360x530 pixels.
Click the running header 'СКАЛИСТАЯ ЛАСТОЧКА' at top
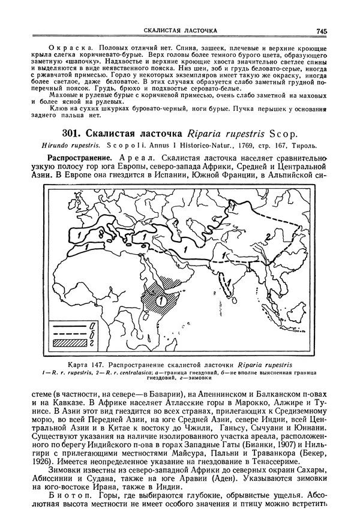[180, 29]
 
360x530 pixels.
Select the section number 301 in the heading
[73, 137]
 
